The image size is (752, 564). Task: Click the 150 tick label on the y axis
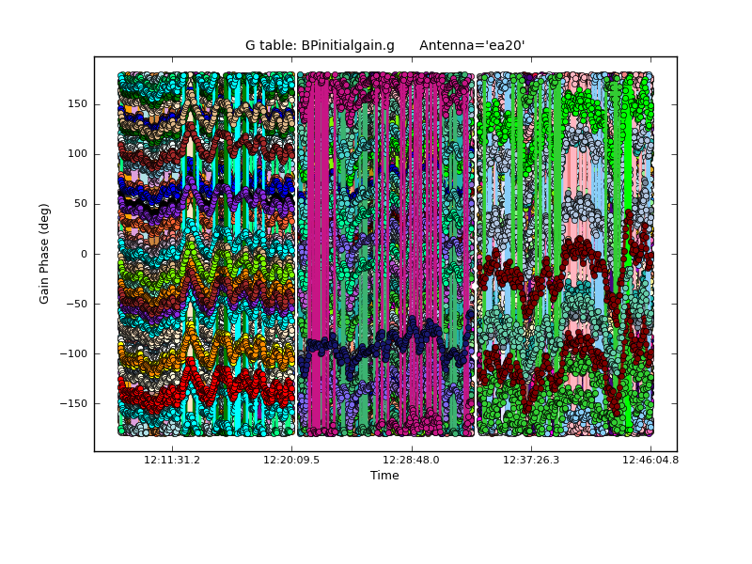(x=77, y=104)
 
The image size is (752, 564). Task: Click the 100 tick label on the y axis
(x=77, y=154)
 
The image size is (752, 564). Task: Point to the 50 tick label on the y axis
(x=80, y=204)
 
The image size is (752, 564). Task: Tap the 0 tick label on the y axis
(x=83, y=254)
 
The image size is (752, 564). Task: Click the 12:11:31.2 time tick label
(x=171, y=461)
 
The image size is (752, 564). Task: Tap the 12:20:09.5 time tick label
(x=291, y=461)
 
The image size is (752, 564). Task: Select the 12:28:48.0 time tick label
(x=411, y=461)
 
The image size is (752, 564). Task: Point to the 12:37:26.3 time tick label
(x=531, y=461)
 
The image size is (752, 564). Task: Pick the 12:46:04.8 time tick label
(x=650, y=461)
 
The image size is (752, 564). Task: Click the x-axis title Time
(x=384, y=476)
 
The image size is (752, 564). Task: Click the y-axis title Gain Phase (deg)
(x=44, y=254)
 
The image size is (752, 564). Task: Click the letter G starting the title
(x=251, y=46)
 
